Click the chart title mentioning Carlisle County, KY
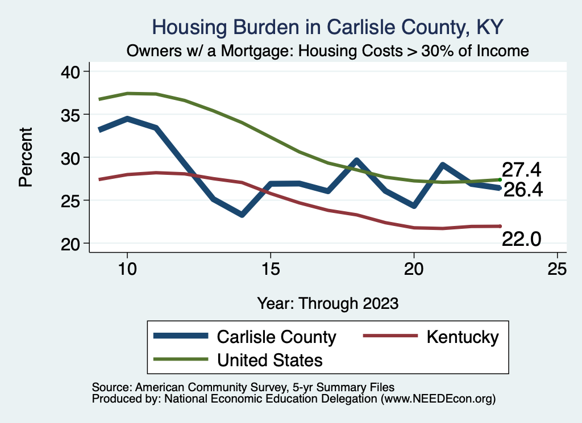pos(328,27)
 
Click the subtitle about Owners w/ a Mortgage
pos(328,51)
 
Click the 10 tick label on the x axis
pos(127,269)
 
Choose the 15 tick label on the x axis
pos(271,269)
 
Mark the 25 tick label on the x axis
pos(557,269)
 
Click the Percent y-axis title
pos(25,157)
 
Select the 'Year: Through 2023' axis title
pos(327,303)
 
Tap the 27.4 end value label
pos(521,170)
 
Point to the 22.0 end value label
pos(521,240)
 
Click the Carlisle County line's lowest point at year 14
pos(242,215)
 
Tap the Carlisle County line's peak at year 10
pos(127,119)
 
